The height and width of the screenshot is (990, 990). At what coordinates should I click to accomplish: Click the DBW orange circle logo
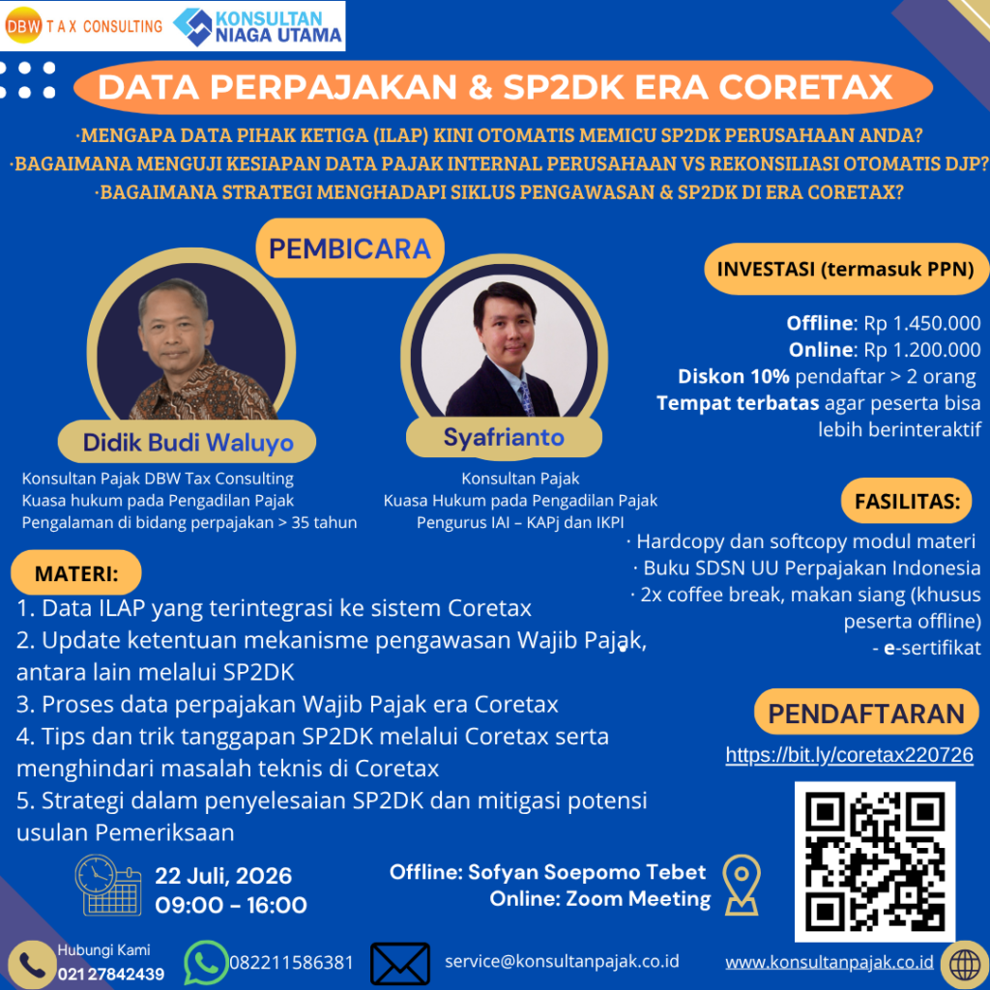(x=23, y=25)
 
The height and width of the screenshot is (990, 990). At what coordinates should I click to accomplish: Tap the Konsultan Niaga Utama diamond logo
(x=192, y=26)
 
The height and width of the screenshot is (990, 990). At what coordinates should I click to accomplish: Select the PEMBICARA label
(x=350, y=248)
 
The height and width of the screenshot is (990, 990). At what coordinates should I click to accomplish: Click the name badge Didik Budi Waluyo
(x=187, y=442)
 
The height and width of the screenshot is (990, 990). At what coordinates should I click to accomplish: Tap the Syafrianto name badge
(x=504, y=437)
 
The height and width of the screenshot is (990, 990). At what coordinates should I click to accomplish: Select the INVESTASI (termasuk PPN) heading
(x=846, y=269)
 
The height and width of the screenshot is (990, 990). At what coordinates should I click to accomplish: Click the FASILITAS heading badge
(x=907, y=501)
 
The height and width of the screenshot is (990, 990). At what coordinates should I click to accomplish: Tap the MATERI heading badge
(x=76, y=572)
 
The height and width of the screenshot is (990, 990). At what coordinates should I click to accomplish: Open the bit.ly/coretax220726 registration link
(x=849, y=754)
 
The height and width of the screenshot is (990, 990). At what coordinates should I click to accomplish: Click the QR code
(x=874, y=861)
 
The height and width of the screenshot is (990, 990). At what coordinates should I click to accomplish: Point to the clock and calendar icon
(x=108, y=885)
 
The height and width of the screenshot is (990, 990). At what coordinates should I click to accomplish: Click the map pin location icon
(x=742, y=885)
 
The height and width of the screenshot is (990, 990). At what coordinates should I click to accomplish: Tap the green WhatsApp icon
(x=206, y=962)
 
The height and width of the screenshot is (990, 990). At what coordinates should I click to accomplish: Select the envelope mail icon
(x=400, y=964)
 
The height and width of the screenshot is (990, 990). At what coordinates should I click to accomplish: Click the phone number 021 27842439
(x=110, y=975)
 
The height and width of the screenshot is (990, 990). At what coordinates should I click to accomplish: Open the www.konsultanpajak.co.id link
(x=829, y=962)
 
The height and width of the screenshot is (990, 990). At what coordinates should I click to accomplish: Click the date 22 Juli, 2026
(x=223, y=876)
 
